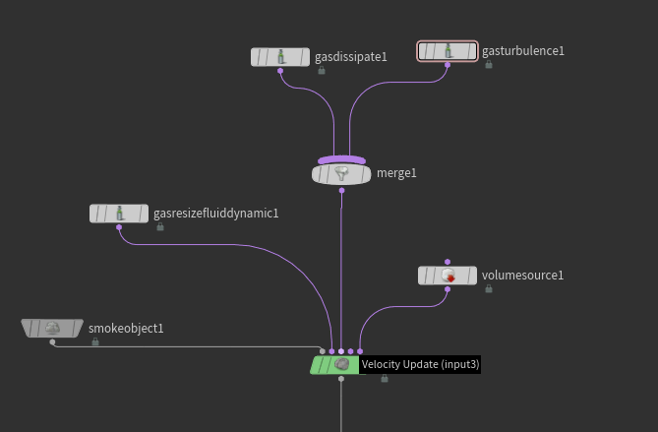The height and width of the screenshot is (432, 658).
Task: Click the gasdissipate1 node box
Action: [280, 57]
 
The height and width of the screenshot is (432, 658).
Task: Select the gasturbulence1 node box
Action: [448, 51]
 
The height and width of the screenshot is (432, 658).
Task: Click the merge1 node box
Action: [341, 174]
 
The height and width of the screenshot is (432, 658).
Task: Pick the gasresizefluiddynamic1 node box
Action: [119, 214]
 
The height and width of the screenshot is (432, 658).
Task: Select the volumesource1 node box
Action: [448, 276]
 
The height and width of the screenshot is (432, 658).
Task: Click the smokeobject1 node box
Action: [52, 328]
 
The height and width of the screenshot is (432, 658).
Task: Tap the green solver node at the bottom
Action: [334, 364]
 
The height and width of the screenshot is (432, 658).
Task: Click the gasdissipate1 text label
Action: [351, 57]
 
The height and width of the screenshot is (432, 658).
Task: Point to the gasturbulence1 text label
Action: [523, 51]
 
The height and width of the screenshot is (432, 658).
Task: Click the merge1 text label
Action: [396, 173]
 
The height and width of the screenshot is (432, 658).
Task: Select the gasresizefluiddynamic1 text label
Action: [216, 214]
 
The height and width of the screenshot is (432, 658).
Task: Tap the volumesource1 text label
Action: [522, 276]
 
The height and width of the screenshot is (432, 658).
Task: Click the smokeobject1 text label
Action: [126, 329]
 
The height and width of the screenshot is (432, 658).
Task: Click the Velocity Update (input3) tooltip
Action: [420, 364]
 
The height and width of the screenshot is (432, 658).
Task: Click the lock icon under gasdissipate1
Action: [322, 71]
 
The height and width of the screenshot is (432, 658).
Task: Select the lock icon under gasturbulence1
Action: [489, 65]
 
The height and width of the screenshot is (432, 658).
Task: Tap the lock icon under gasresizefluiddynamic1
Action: [160, 227]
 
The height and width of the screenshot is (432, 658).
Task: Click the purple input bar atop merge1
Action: [341, 159]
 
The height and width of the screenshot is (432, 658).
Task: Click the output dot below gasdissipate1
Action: [280, 71]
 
